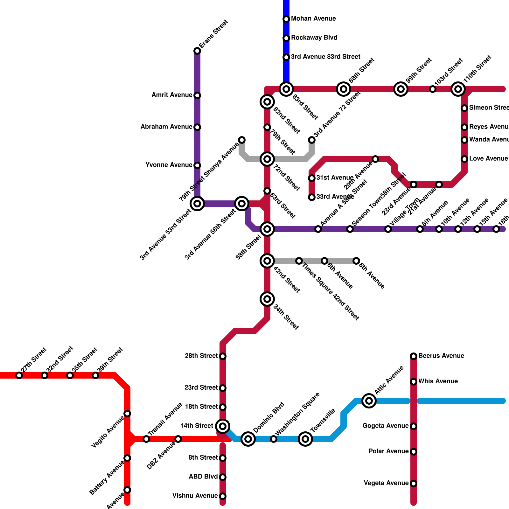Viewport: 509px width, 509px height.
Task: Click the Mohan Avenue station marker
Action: [286, 19]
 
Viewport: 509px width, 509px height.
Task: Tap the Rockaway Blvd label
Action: [314, 38]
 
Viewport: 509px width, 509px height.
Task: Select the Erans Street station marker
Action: [197, 51]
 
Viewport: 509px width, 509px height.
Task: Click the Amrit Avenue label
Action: [172, 95]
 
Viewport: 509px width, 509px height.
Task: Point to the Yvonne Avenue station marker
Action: [197, 165]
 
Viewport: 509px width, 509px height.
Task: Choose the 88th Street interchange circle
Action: [344, 89]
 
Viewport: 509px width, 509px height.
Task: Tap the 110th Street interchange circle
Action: [458, 89]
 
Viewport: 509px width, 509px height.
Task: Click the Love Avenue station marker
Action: [464, 159]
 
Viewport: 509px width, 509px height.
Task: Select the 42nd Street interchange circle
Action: [267, 261]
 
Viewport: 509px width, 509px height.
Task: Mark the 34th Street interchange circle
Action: [267, 299]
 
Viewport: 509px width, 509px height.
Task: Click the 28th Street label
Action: [201, 356]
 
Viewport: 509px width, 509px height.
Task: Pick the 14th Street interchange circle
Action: [223, 426]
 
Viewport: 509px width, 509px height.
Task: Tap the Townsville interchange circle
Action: [305, 439]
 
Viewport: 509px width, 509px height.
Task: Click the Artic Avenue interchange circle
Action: [369, 401]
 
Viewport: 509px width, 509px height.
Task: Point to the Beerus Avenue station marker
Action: [414, 356]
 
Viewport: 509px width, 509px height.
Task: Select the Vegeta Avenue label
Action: [386, 483]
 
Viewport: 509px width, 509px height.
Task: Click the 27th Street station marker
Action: [19, 375]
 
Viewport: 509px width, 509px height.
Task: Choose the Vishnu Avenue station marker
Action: [223, 496]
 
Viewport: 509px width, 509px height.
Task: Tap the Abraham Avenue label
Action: [166, 127]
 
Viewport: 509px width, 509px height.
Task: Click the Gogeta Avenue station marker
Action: [414, 426]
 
